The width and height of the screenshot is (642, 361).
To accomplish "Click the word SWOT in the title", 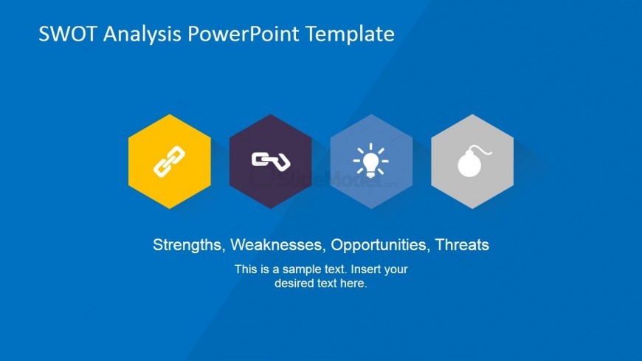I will pos(66,34).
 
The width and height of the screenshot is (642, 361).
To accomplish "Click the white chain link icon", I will pos(169,162).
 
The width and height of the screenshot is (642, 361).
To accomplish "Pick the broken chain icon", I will pos(270,160).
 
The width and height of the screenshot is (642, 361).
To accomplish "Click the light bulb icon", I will pos(370,161).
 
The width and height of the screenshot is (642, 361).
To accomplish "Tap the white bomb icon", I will pos(471,163).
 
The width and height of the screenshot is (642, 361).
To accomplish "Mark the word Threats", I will pos(462,245).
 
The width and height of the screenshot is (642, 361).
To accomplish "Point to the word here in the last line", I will pos(353,283).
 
